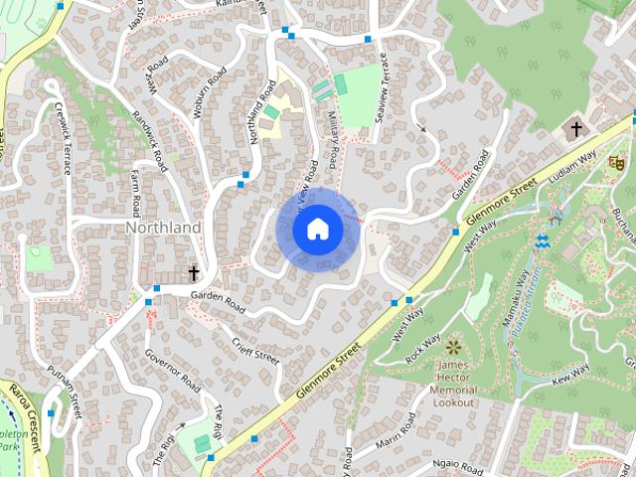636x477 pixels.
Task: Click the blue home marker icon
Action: (317, 230)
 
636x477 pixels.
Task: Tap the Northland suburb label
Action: (163, 228)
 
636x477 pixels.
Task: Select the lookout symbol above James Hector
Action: (454, 347)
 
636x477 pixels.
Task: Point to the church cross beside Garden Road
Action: (194, 272)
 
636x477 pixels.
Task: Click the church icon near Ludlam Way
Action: (575, 129)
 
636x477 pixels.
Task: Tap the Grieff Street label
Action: (255, 349)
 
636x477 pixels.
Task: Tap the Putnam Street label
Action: (63, 388)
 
